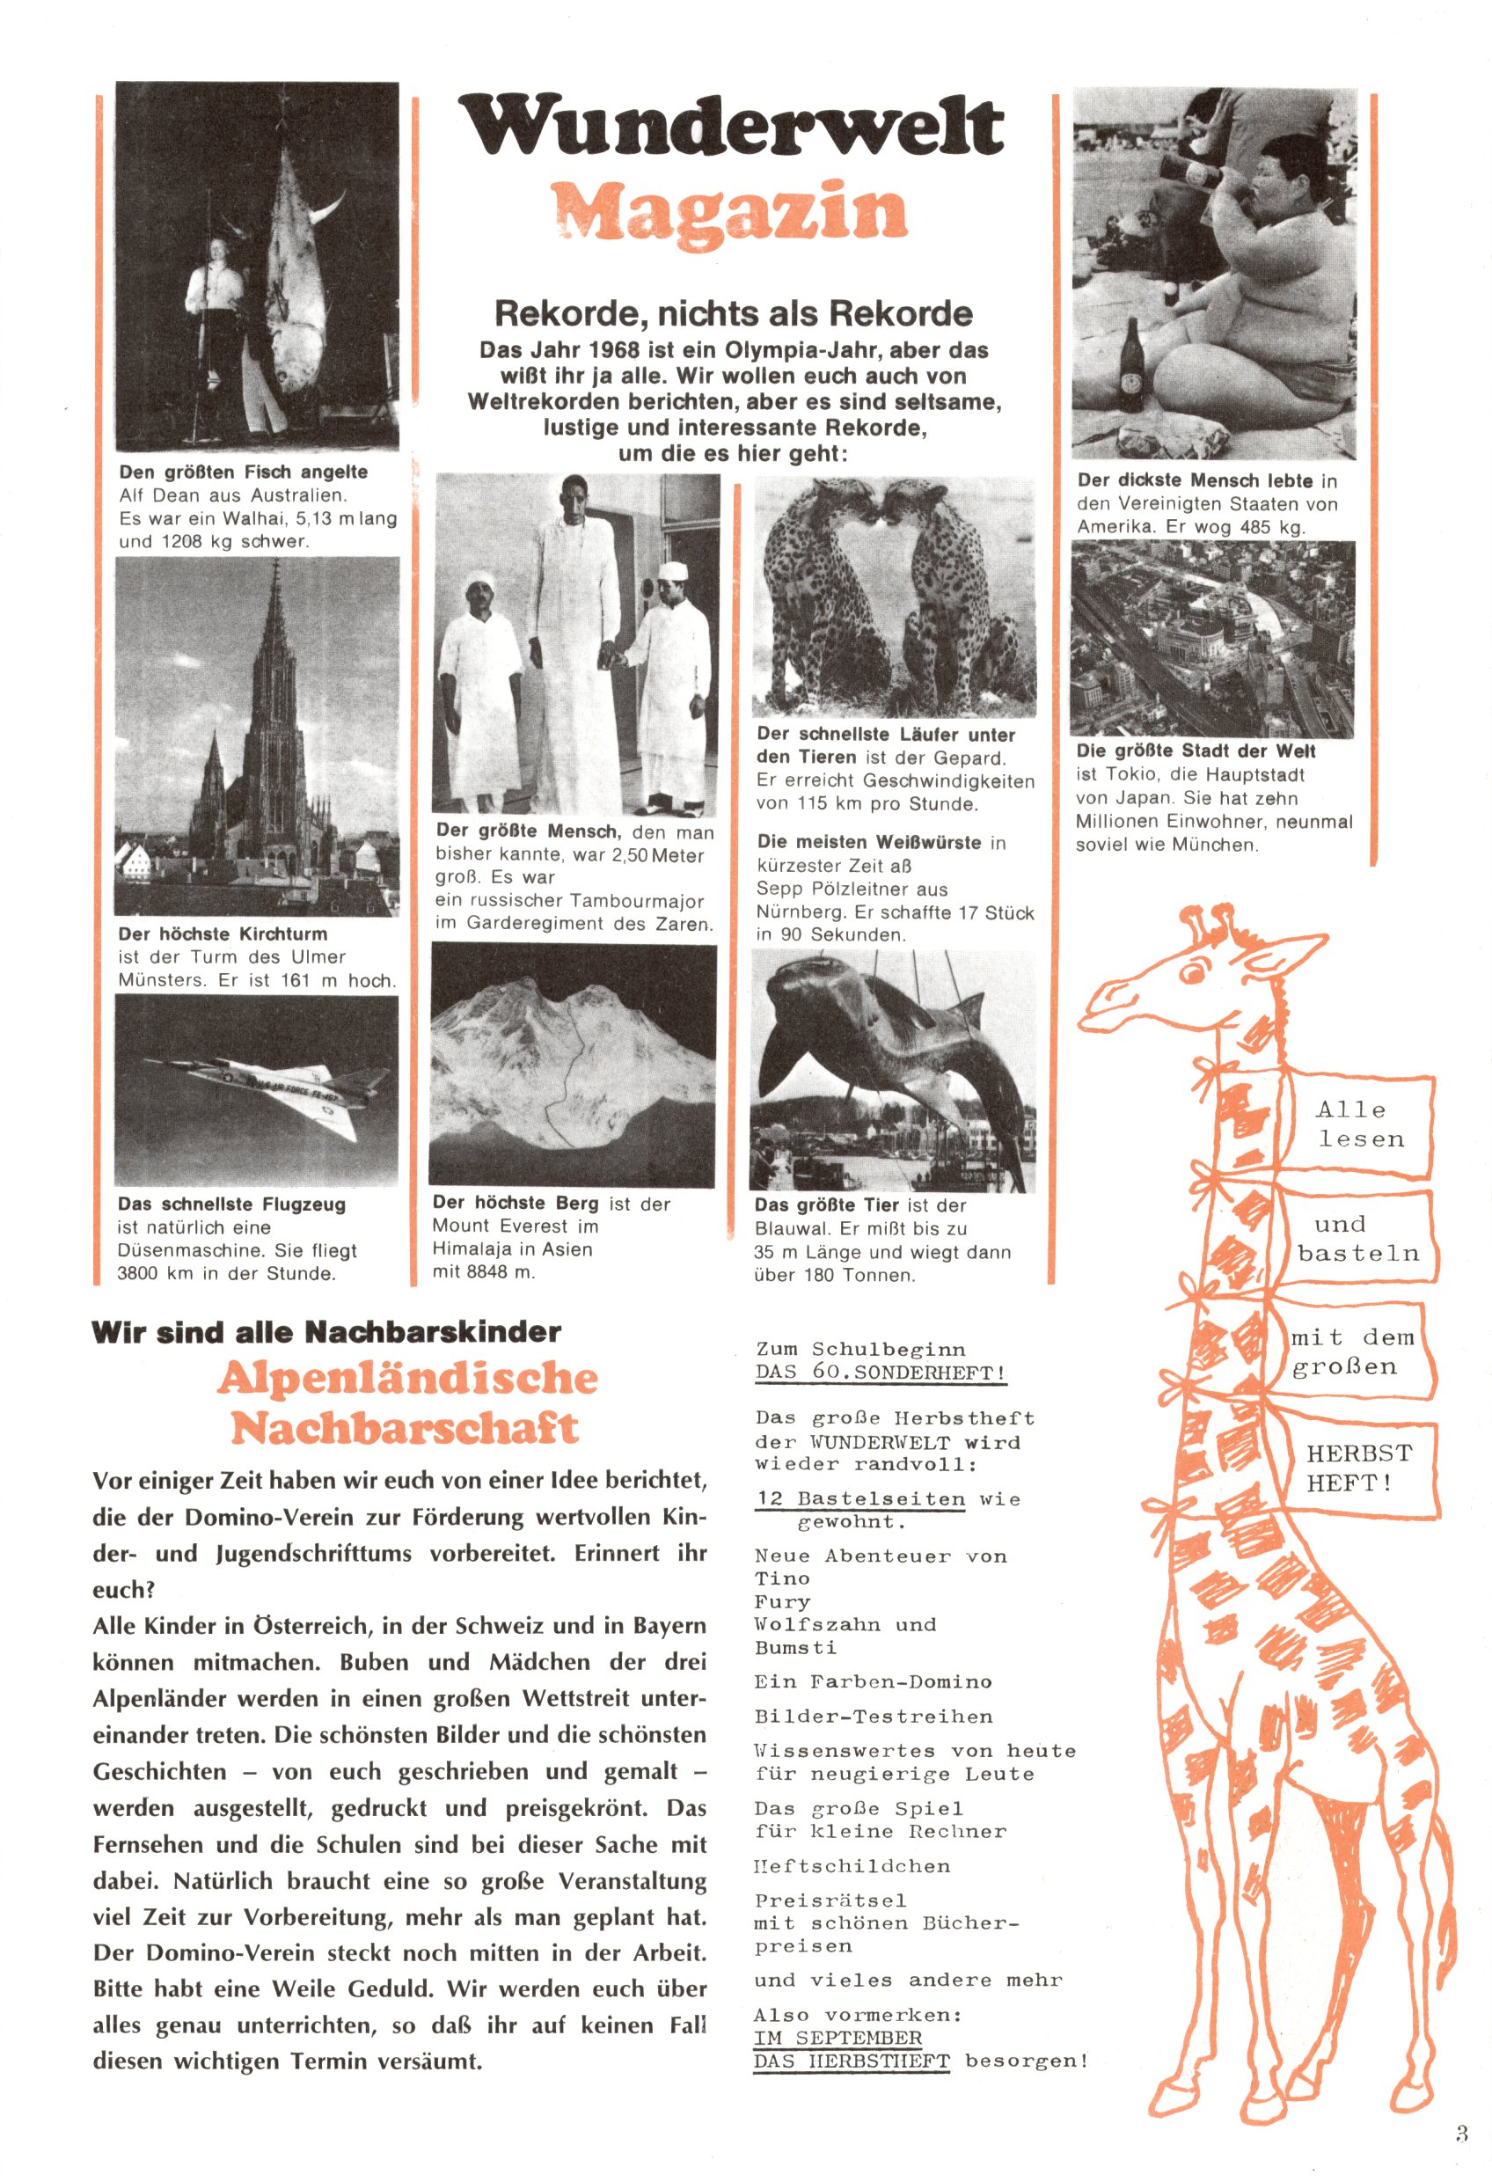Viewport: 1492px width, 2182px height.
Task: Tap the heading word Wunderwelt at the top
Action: click(731, 127)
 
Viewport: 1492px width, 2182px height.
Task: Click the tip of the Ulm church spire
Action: click(278, 563)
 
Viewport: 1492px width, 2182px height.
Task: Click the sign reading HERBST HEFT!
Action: click(1357, 1468)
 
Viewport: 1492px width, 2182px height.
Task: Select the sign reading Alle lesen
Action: click(1360, 1124)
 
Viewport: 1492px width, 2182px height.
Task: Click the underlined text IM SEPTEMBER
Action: click(837, 2038)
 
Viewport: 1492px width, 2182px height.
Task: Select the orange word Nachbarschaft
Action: click(405, 1428)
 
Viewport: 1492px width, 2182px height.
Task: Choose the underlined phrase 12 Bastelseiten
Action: click(861, 1498)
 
